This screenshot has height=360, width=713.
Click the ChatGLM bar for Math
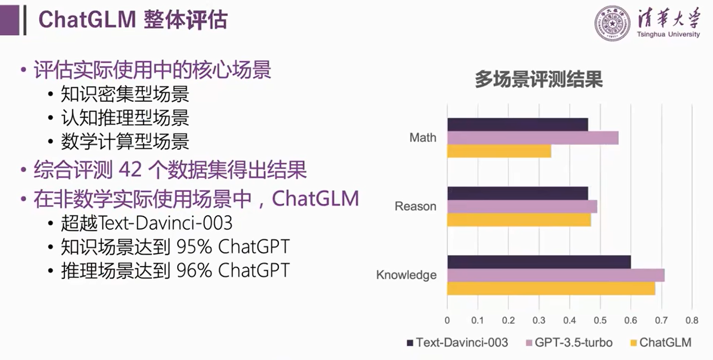pyautogui.click(x=499, y=151)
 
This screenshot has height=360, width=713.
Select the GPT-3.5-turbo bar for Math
pyautogui.click(x=532, y=138)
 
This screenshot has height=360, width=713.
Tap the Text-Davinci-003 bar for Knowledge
pyautogui.click(x=539, y=262)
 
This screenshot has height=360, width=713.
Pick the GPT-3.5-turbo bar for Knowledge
pyautogui.click(x=556, y=275)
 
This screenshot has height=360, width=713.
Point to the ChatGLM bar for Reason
pyautogui.click(x=519, y=219)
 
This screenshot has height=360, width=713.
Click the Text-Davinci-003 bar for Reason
pyautogui.click(x=517, y=193)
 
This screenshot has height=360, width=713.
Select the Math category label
pyautogui.click(x=423, y=138)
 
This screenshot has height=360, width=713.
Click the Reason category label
pyautogui.click(x=415, y=207)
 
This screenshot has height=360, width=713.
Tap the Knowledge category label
pyautogui.click(x=406, y=275)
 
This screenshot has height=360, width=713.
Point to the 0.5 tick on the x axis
pyautogui.click(x=600, y=320)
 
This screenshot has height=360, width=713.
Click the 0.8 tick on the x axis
pyautogui.click(x=692, y=320)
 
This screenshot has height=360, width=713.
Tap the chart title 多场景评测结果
pyautogui.click(x=539, y=79)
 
